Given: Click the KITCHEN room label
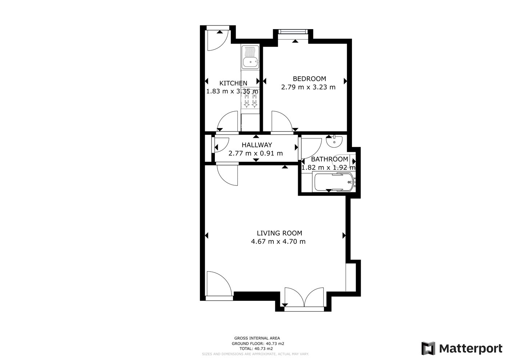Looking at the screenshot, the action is click(x=233, y=83).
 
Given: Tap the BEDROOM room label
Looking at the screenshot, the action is click(x=309, y=79).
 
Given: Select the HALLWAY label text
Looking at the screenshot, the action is click(x=257, y=145).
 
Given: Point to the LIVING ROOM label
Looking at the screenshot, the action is click(x=279, y=233).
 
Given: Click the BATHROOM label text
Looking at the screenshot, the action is click(x=329, y=159).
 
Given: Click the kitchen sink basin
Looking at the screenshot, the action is click(x=250, y=62).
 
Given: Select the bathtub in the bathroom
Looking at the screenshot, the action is click(x=334, y=182).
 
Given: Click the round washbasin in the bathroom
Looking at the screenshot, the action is click(x=334, y=141).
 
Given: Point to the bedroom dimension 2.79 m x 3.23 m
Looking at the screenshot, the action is click(x=308, y=87).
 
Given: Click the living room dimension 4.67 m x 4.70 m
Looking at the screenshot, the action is click(x=278, y=241).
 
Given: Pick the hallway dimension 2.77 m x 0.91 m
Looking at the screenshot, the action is click(x=256, y=153).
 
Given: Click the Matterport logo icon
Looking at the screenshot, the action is click(x=428, y=348).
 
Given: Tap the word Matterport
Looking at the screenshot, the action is click(x=470, y=349).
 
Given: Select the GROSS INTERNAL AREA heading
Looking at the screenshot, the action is click(x=257, y=338).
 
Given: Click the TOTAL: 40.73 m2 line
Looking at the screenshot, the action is click(x=256, y=349).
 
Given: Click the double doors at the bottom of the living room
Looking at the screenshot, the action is click(x=304, y=298).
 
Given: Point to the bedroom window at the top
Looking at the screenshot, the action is click(x=293, y=32).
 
